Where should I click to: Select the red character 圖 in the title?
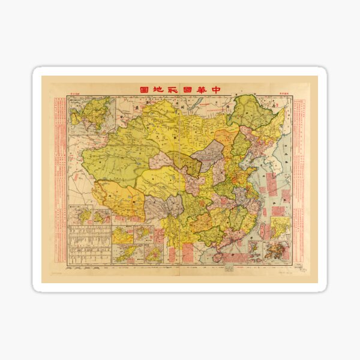point(144,89)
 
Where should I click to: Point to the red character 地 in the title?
point(162,89)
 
